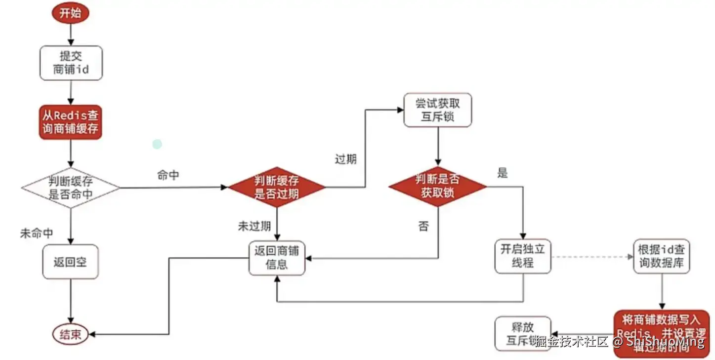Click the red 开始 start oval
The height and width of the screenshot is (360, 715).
tap(70, 13)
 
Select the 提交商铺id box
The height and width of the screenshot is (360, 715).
tap(71, 63)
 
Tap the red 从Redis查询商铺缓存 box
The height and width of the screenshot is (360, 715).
tap(71, 122)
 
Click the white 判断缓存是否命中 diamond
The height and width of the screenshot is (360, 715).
tap(71, 188)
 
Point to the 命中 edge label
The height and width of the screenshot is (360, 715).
tap(168, 175)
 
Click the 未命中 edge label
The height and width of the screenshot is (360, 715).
tap(36, 234)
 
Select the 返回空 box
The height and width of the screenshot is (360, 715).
tap(70, 262)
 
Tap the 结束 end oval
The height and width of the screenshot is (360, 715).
tap(70, 335)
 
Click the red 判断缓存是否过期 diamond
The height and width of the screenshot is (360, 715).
tap(276, 187)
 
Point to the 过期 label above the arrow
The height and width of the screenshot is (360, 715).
tap(345, 160)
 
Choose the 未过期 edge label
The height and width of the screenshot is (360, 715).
tap(254, 227)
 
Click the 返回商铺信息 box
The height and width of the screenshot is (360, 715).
tap(277, 258)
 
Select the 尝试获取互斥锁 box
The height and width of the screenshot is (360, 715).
tap(438, 110)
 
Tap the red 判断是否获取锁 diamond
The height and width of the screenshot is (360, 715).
tap(437, 186)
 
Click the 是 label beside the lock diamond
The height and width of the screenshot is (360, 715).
tap(503, 173)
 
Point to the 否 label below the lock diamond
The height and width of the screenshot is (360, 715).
tap(423, 227)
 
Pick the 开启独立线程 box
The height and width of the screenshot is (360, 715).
tap(522, 256)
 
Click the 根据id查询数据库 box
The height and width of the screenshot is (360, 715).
tap(661, 256)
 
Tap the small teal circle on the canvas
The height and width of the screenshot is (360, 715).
tap(157, 144)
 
